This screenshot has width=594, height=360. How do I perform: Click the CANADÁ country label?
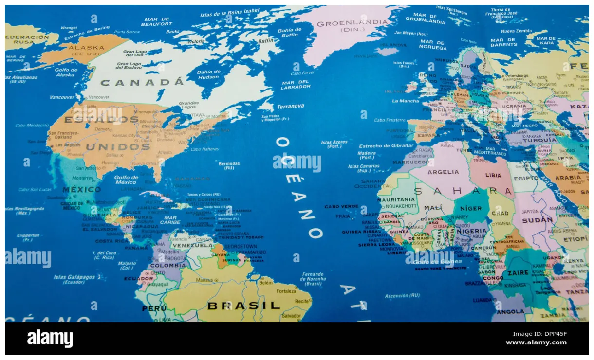tap(143, 82)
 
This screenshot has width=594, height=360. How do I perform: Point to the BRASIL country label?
tap(244, 306)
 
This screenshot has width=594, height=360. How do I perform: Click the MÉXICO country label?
tap(81, 189)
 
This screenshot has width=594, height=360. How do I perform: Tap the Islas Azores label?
tap(334, 144)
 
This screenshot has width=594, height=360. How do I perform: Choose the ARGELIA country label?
tap(443, 172)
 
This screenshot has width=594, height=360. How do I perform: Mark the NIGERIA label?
tap(471, 231)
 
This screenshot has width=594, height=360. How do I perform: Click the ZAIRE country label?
tap(518, 273)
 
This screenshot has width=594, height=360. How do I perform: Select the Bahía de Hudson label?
tap(208, 74)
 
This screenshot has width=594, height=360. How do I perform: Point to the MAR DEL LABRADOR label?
tap(296, 84)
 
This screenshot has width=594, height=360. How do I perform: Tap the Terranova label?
tap(291, 106)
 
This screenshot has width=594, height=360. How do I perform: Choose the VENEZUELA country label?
tap(193, 245)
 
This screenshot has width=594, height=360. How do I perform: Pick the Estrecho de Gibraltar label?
tap(387, 145)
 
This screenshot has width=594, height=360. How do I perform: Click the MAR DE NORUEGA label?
tap(433, 45)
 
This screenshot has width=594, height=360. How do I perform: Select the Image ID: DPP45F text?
tap(540, 334)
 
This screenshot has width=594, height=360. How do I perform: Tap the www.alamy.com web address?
tap(536, 342)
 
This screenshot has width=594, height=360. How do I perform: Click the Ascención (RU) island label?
tap(402, 295)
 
